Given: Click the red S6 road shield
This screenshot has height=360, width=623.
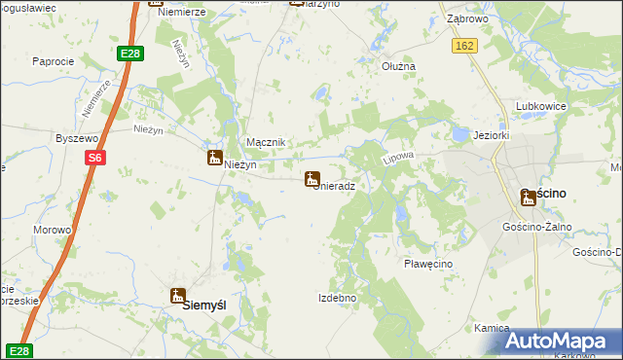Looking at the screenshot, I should [93, 158].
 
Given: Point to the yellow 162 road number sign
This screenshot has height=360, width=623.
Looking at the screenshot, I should [464, 46].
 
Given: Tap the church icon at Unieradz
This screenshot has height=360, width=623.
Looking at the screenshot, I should [312, 179].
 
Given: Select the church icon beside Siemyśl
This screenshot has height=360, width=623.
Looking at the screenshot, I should [178, 296].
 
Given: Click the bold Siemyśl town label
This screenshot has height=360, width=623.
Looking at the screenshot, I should [205, 305].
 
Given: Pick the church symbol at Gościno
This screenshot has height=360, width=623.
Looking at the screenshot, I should [528, 198].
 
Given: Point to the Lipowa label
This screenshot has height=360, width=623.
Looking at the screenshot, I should [400, 156].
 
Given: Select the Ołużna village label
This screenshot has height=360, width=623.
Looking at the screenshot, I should [398, 66].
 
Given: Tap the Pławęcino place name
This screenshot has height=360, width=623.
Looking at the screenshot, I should [428, 264].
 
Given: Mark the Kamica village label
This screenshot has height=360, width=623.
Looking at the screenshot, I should [492, 329].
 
